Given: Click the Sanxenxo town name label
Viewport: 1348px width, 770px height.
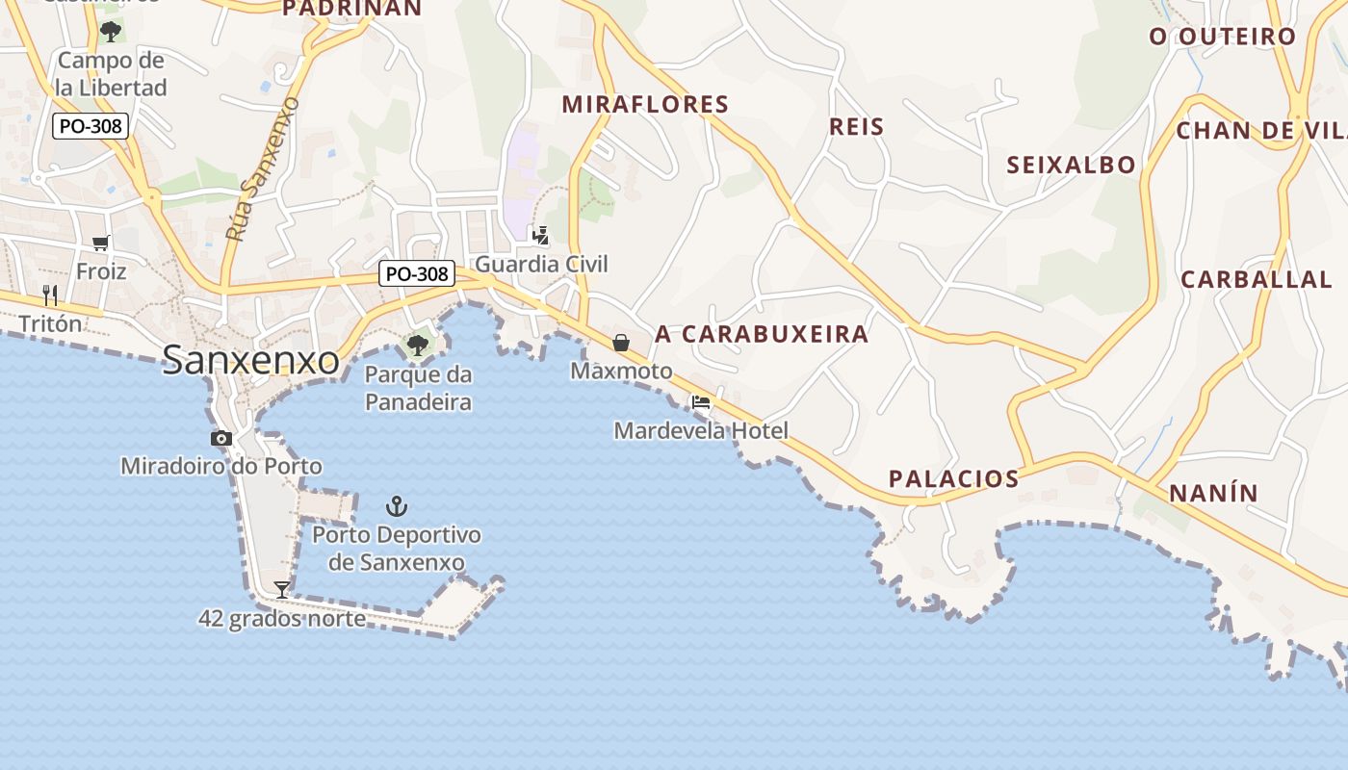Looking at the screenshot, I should (x=250, y=360).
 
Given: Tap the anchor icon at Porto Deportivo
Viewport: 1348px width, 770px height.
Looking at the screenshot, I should (x=396, y=505).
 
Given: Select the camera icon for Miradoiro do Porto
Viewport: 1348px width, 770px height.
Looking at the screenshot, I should (x=221, y=439).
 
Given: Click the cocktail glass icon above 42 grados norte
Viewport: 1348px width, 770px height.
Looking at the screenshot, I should (x=282, y=589).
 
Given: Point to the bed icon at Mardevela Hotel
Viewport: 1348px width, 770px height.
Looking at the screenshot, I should (x=701, y=402).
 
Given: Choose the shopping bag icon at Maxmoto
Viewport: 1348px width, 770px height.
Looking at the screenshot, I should (x=621, y=343).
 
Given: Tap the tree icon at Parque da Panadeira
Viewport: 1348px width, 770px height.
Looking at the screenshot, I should (x=418, y=345).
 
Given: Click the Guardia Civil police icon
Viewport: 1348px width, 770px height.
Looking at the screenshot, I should (x=541, y=235).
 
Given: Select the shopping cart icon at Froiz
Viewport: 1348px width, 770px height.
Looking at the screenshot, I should (x=101, y=243).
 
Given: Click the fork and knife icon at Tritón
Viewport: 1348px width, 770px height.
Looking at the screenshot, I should (x=50, y=295).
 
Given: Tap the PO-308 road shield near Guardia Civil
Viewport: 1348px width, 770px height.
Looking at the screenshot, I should (x=416, y=274).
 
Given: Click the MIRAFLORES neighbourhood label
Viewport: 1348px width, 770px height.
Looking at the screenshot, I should (x=645, y=104).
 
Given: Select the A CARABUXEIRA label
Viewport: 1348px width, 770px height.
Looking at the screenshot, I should (x=762, y=334).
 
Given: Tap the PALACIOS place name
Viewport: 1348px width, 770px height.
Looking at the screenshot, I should (x=953, y=478).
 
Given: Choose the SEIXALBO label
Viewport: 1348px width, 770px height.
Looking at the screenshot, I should (x=1071, y=165).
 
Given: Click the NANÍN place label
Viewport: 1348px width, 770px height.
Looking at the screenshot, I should (x=1213, y=493).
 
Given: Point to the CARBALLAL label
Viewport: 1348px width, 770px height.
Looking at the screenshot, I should (x=1256, y=279).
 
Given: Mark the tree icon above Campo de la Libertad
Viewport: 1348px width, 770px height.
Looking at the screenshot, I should (x=111, y=31).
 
